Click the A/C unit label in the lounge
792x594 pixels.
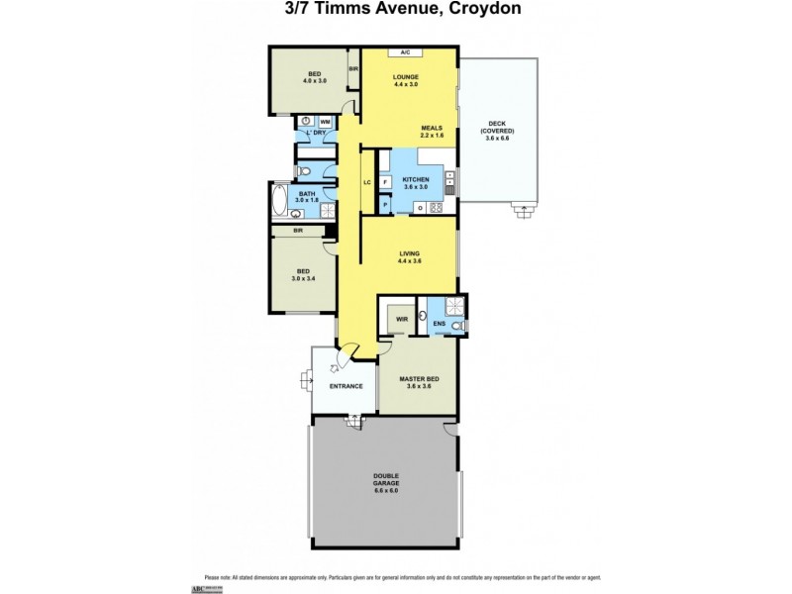coord(405,52)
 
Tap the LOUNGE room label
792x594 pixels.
coord(405,77)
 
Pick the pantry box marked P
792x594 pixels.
coord(384,206)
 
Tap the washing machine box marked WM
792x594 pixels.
coord(325,121)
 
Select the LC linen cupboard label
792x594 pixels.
coord(366,182)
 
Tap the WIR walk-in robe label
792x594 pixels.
coord(401,318)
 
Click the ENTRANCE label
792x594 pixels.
coord(346,386)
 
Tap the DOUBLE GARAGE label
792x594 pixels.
coord(387,485)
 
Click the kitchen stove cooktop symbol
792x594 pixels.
coord(435,207)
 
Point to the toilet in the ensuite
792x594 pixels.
coord(456,326)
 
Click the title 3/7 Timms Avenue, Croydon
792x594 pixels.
coord(396,10)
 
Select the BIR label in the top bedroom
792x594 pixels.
coord(353,69)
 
